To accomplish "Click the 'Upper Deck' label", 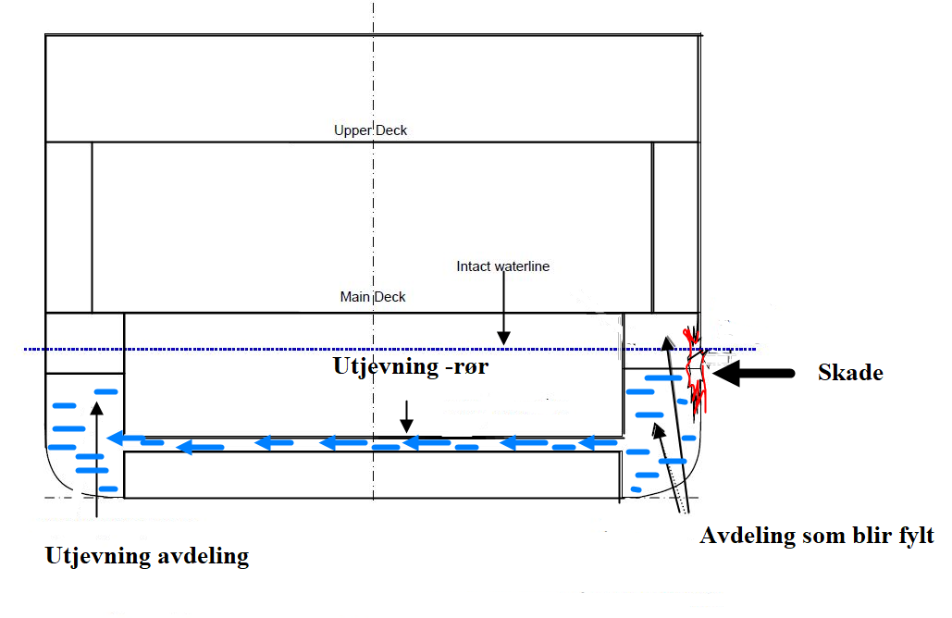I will [x=370, y=130].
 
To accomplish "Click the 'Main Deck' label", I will [x=373, y=297].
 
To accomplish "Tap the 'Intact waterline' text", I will [x=502, y=266].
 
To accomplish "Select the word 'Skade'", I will [x=850, y=373].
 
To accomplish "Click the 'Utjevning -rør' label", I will [x=410, y=366].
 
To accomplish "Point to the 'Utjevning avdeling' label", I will [x=147, y=556].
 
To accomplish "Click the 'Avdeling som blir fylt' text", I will [x=817, y=536].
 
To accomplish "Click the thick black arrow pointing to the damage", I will [x=755, y=373].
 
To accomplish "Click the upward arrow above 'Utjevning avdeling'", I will [x=97, y=453].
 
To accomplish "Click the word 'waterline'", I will [x=521, y=266].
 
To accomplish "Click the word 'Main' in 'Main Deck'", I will [x=354, y=297].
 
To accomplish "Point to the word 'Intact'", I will [x=473, y=266].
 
